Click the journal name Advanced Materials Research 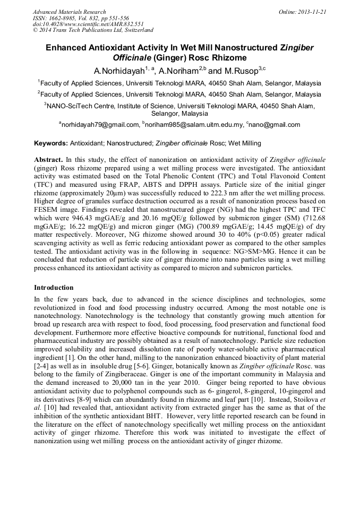(x=69, y=12)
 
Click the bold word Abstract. (x=48, y=159)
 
